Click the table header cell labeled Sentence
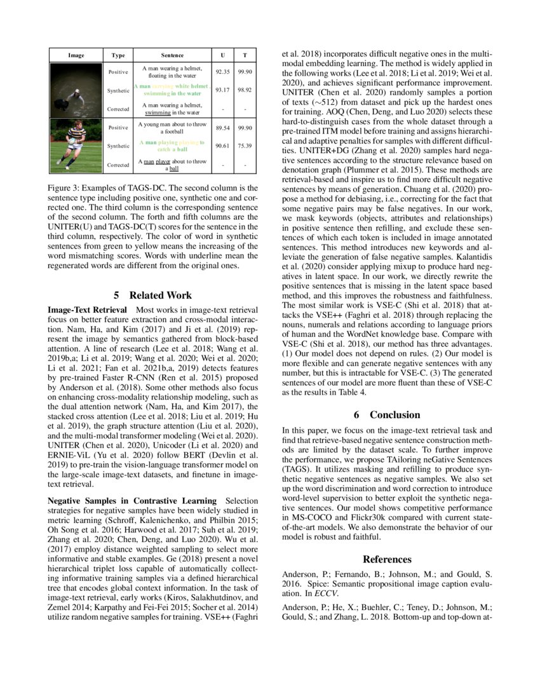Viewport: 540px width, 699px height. click(x=172, y=55)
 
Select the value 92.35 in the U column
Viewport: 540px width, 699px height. click(x=222, y=72)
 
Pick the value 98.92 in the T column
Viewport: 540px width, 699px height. click(x=245, y=90)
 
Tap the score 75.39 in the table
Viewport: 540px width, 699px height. click(x=245, y=146)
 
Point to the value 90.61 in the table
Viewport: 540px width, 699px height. click(x=222, y=146)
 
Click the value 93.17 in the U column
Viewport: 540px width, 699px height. click(x=222, y=90)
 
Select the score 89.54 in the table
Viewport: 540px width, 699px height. click(x=222, y=128)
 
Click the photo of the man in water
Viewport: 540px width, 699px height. click(x=76, y=90)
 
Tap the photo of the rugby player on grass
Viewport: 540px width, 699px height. click(x=76, y=146)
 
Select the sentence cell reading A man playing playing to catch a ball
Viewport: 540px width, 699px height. click(x=172, y=146)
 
